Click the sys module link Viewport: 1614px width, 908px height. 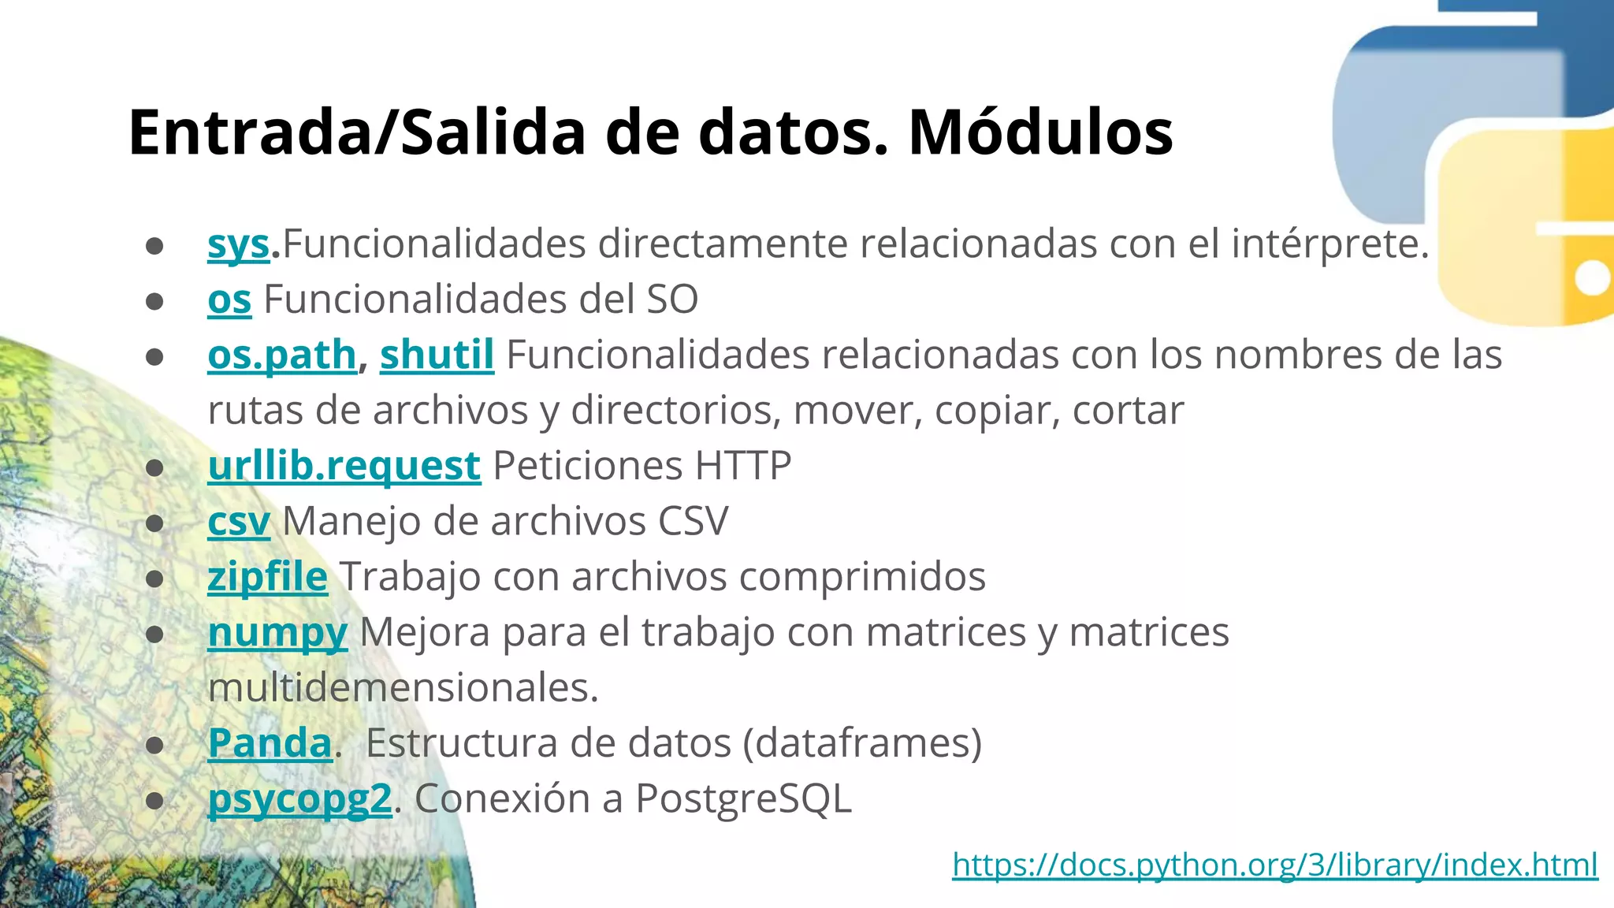pos(238,244)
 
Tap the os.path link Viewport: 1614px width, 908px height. pos(282,355)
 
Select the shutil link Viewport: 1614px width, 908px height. pos(437,355)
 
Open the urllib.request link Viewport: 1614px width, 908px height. pos(344,467)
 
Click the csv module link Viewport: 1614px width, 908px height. pos(238,522)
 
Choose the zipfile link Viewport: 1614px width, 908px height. pos(267,577)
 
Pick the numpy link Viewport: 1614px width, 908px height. pos(277,633)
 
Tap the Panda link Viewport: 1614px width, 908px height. pos(270,743)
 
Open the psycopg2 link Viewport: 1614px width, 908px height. pos(299,799)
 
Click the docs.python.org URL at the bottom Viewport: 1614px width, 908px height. pos(1274,865)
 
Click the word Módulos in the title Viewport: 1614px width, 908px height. pos(1040,132)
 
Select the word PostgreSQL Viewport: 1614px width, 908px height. pos(743,799)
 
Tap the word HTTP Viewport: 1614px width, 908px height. pos(742,467)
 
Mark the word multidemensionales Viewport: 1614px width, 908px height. pos(403,688)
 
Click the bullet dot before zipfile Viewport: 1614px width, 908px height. pos(154,579)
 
